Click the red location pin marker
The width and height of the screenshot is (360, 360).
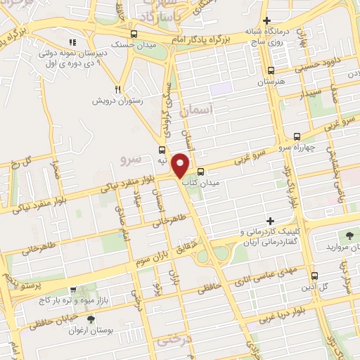(181, 165)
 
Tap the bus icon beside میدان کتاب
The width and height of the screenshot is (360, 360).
(200, 172)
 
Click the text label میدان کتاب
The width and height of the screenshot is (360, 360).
(201, 183)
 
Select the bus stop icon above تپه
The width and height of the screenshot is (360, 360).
(162, 150)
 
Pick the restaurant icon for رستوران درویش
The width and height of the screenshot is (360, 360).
(118, 89)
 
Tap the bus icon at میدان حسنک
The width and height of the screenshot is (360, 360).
(134, 34)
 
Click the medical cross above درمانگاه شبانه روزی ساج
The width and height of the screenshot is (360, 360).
(266, 21)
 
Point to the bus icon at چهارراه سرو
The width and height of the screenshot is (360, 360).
(297, 137)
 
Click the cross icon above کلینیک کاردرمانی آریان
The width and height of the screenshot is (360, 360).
(270, 221)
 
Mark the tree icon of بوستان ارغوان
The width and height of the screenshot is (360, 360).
(91, 320)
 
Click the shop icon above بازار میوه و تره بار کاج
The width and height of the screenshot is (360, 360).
(72, 289)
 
